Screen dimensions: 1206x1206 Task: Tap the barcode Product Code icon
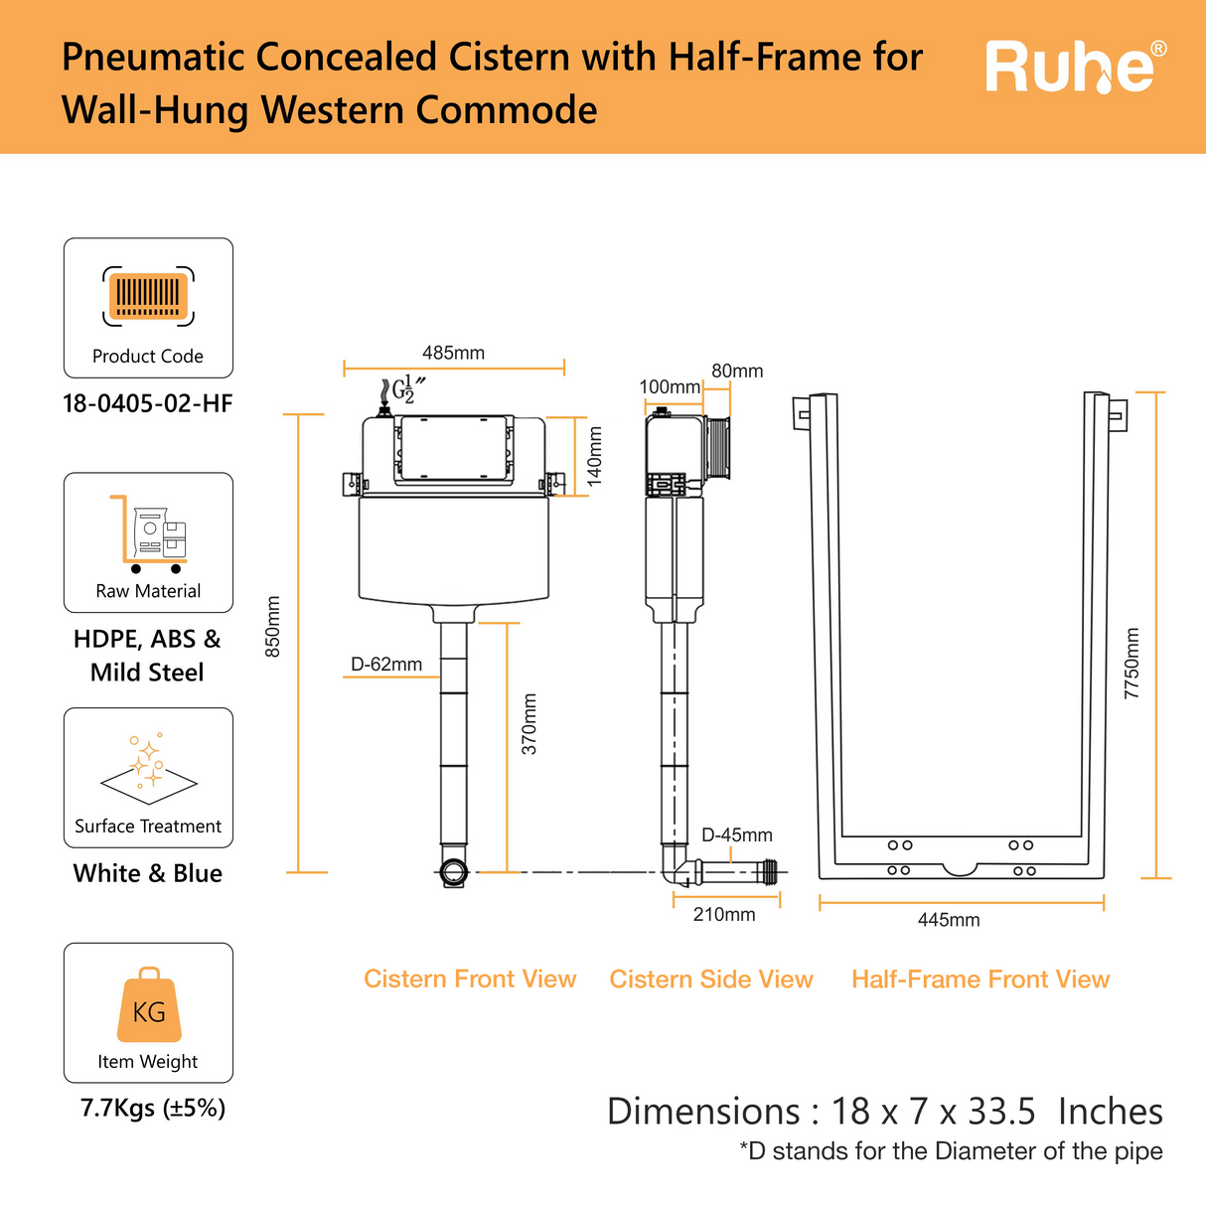pyautogui.click(x=148, y=296)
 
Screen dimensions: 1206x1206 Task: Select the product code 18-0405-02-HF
pyautogui.click(x=148, y=403)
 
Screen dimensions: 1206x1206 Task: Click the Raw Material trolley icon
pyautogui.click(x=148, y=533)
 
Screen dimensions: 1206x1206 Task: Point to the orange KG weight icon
pyautogui.click(x=149, y=1005)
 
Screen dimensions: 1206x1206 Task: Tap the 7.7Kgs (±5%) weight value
pyautogui.click(x=153, y=1108)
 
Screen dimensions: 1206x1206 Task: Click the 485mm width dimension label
pyautogui.click(x=453, y=353)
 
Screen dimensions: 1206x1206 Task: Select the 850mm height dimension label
pyautogui.click(x=273, y=626)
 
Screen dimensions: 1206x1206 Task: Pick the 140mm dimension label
pyautogui.click(x=594, y=455)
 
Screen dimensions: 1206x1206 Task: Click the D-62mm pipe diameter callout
pyautogui.click(x=386, y=664)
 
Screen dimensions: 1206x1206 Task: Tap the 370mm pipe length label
pyautogui.click(x=529, y=723)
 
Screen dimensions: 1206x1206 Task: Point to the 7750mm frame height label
pyautogui.click(x=1131, y=663)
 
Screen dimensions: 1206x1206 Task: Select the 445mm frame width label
pyautogui.click(x=949, y=920)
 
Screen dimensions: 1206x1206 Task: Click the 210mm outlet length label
pyautogui.click(x=724, y=914)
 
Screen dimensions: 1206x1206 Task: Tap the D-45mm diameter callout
pyautogui.click(x=737, y=835)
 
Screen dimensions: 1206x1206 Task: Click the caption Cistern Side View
pyautogui.click(x=711, y=980)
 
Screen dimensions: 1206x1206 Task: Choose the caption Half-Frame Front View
pyautogui.click(x=980, y=980)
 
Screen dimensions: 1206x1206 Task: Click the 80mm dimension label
pyautogui.click(x=737, y=371)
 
